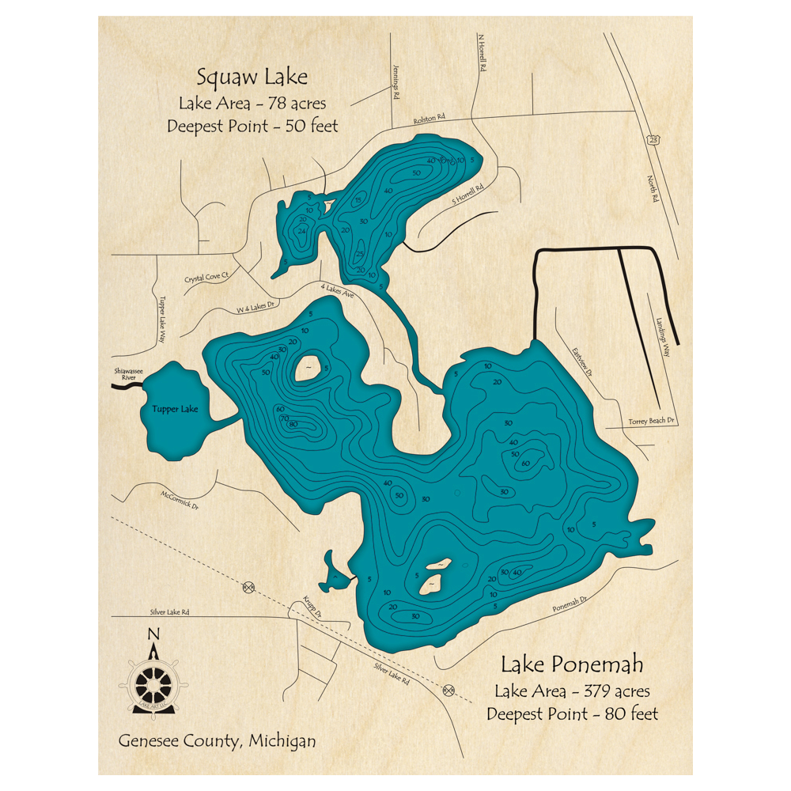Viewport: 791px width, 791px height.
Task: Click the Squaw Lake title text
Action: pyautogui.click(x=252, y=78)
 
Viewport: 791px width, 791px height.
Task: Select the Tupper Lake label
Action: pyautogui.click(x=175, y=410)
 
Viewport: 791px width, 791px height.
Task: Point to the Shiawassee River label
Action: pyautogui.click(x=123, y=378)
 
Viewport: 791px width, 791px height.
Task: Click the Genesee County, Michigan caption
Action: pyautogui.click(x=218, y=741)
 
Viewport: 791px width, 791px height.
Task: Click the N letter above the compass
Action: pyautogui.click(x=153, y=633)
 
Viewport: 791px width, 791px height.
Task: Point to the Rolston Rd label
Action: pyautogui.click(x=430, y=119)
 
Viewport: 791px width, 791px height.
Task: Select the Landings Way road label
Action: pyautogui.click(x=663, y=338)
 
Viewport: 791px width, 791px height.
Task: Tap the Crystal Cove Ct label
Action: pyautogui.click(x=206, y=278)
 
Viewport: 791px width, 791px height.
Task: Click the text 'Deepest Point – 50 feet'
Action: pyautogui.click(x=252, y=126)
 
